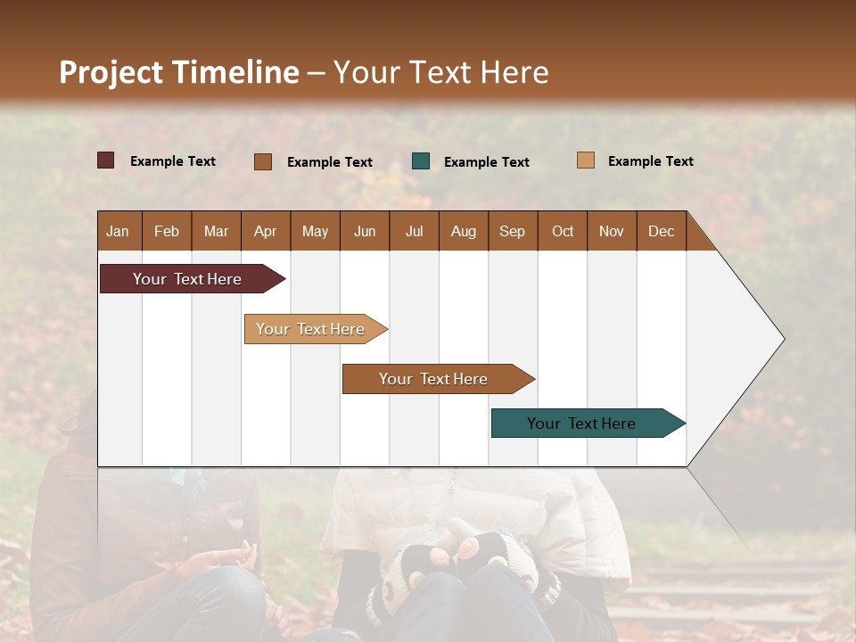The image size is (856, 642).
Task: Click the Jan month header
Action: coord(118,231)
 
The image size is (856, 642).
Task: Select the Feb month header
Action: coord(167,231)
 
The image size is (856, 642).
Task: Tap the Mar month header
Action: coord(216,231)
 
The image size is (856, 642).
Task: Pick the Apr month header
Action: coord(265,231)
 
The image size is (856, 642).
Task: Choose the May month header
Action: coord(315,231)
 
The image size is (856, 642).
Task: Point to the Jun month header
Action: coord(365,231)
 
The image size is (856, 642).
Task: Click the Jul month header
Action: coord(414,231)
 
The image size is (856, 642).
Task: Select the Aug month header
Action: coord(463,231)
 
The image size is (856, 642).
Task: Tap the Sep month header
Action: coord(512,231)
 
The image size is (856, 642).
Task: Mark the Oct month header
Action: coord(563,231)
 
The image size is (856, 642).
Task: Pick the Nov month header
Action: coord(612,231)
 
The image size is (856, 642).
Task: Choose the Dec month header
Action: coord(661,231)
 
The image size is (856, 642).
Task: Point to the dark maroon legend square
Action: coord(105,160)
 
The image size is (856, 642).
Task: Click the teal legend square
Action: coord(421,161)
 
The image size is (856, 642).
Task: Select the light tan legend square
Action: coord(585,160)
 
